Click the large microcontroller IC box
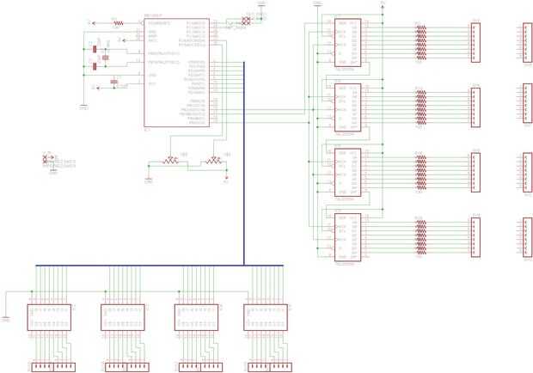176,72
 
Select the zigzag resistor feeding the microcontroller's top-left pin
118,23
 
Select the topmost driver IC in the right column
347,44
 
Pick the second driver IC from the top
347,107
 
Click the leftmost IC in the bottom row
50,317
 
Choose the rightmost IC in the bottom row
265,317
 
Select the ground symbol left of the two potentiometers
147,180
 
